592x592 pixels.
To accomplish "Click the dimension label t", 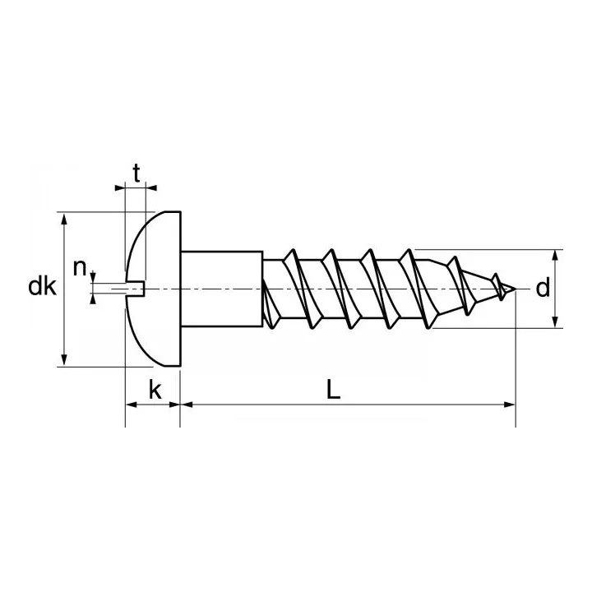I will click(136, 173).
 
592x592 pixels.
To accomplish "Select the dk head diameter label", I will click(41, 288).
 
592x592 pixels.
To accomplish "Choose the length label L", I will click(333, 391).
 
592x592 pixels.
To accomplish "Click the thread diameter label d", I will click(542, 288).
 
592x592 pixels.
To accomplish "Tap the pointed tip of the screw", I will click(515, 289).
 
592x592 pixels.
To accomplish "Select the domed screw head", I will click(156, 288).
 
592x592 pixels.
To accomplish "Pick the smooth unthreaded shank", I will click(220, 288).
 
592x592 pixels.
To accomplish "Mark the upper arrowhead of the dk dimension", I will click(62, 217).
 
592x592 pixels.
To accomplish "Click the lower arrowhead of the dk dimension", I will click(62, 360).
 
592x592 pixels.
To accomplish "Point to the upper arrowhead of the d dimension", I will click(557, 254).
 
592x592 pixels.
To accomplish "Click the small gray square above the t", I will click(135, 160).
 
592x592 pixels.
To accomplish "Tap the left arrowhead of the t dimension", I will click(120, 187).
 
